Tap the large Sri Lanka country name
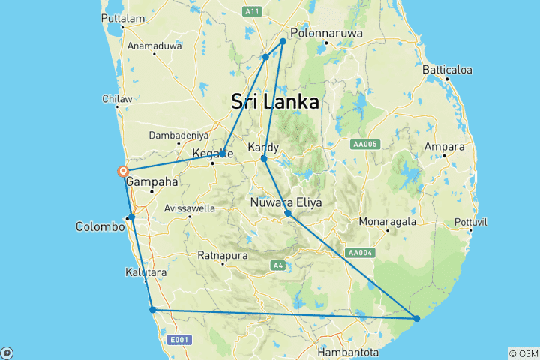point(275,102)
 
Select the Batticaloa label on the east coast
point(446,70)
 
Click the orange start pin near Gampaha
point(123,172)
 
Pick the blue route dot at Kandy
point(263,158)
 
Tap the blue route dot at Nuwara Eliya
point(288,214)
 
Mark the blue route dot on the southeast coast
point(417,319)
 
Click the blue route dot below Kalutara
point(152,309)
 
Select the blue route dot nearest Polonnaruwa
point(283,41)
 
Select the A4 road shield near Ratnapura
point(277,265)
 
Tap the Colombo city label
point(99,226)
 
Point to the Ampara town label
point(445,146)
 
